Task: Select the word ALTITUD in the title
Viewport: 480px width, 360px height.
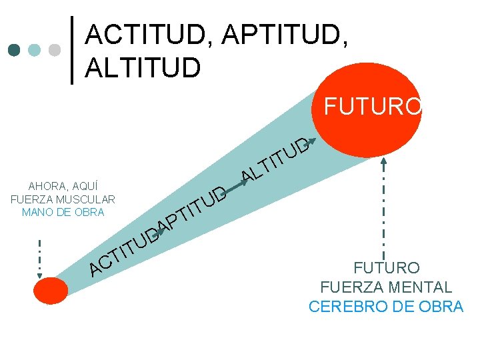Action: (143, 67)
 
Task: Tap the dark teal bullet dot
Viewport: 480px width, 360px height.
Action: (14, 50)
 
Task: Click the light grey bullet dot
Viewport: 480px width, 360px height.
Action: (55, 50)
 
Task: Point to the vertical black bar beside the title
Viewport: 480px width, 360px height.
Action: (73, 50)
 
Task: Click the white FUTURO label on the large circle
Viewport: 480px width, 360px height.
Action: (372, 107)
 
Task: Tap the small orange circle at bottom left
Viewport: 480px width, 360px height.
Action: (51, 291)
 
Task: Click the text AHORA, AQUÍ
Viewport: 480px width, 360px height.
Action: (63, 186)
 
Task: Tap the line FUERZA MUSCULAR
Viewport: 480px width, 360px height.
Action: (63, 199)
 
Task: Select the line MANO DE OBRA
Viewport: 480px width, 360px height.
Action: (63, 213)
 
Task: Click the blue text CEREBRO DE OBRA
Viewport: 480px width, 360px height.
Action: (386, 307)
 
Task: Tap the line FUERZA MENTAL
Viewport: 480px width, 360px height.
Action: (386, 288)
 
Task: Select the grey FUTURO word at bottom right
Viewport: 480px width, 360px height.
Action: (387, 269)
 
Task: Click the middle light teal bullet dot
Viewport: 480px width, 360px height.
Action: (35, 50)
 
